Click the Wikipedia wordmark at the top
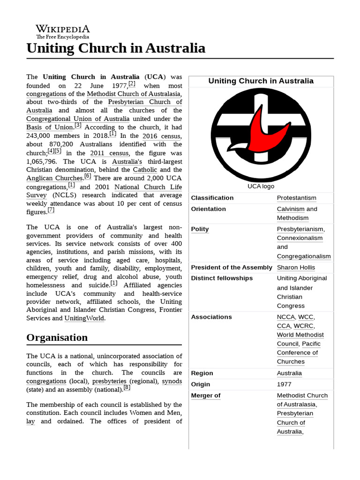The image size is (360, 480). [x=63, y=29]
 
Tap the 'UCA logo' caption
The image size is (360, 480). [x=261, y=186]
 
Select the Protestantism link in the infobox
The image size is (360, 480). [x=296, y=198]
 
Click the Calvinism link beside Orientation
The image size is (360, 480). [x=291, y=209]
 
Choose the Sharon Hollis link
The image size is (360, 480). [x=296, y=267]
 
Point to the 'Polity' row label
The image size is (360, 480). [x=200, y=229]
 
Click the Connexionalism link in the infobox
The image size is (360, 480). [x=300, y=238]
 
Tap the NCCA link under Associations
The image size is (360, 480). [x=285, y=317]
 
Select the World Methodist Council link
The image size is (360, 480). [x=300, y=335]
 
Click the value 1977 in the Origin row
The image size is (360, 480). [x=285, y=384]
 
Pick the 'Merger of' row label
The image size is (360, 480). [x=205, y=395]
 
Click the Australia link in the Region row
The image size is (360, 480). [x=289, y=373]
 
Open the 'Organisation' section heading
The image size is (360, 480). [x=57, y=337]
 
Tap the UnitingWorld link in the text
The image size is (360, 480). [x=85, y=318]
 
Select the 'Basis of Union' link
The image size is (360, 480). [x=50, y=127]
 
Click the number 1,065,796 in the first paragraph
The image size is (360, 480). [x=44, y=161]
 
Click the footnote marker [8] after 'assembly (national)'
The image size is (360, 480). [x=127, y=388]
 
